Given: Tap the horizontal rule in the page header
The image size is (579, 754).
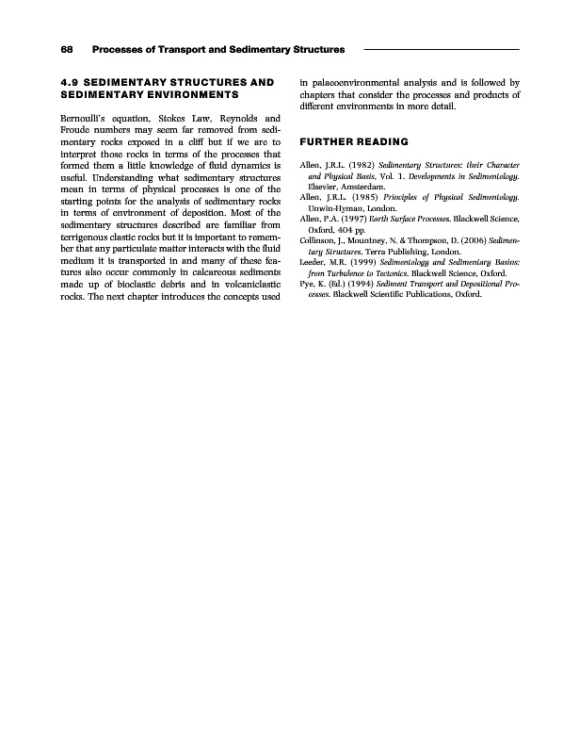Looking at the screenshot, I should click(x=442, y=48).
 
